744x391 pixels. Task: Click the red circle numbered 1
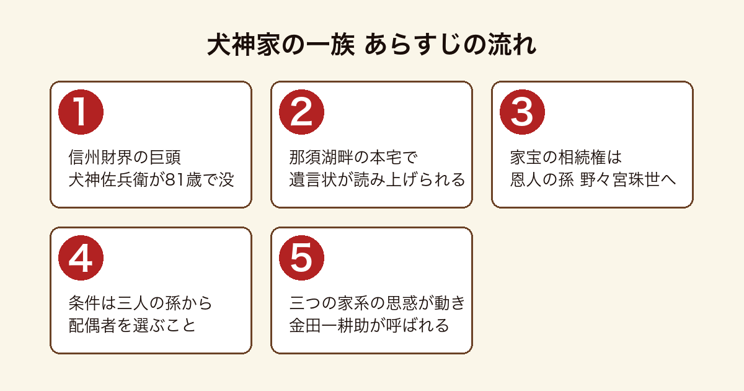point(81,112)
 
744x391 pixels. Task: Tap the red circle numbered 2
point(301,112)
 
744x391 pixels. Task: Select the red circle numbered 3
point(522,112)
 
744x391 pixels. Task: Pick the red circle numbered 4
point(81,258)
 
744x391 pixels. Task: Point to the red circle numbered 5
point(301,258)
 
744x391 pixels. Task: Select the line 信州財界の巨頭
point(125,157)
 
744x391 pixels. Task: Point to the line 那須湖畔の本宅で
point(353,157)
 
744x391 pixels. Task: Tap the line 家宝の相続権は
point(565,157)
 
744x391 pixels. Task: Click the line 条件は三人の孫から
point(140,303)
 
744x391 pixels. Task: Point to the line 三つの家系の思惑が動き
point(378,303)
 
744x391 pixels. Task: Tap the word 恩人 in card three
point(526,180)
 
